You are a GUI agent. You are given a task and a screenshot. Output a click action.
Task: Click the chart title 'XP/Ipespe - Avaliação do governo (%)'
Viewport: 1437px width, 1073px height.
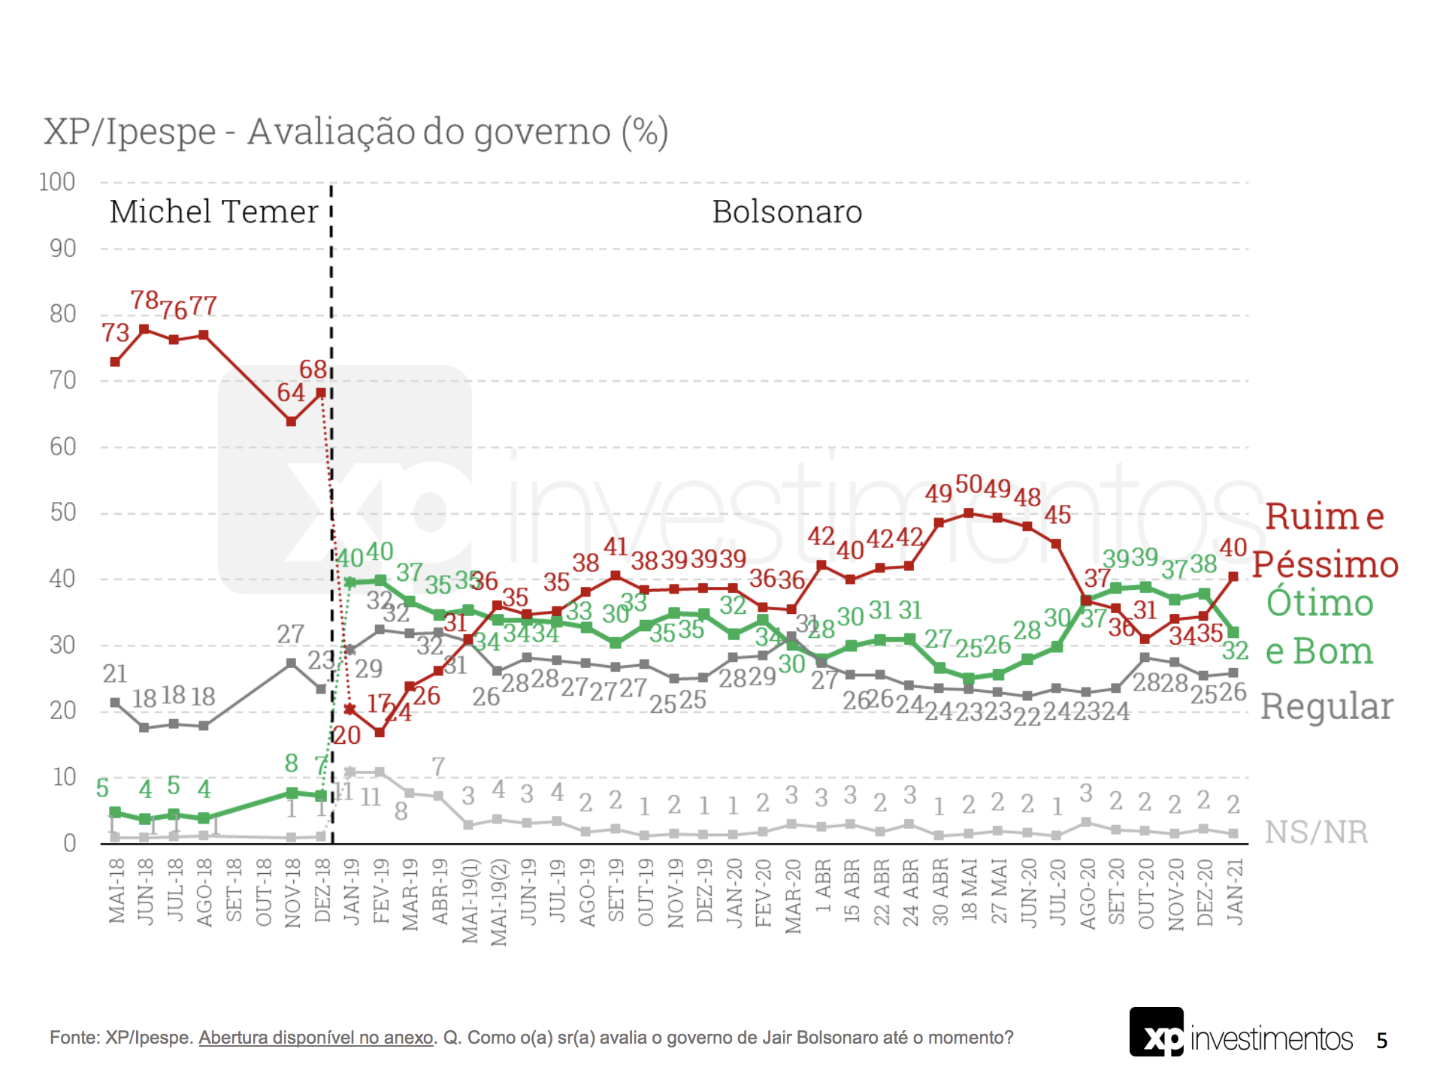355,132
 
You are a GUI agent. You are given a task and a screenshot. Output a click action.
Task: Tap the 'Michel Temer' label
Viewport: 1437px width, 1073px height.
214,212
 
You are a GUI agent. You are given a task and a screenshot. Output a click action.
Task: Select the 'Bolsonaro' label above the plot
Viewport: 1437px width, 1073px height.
786,212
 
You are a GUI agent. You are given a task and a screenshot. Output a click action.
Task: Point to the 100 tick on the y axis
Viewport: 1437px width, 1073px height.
57,182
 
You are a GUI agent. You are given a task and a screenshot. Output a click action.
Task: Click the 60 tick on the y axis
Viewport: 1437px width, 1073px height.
63,446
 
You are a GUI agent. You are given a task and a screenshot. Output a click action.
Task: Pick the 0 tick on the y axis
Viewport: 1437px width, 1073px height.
69,842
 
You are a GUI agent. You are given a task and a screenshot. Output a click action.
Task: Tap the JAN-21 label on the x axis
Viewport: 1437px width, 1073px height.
1235,892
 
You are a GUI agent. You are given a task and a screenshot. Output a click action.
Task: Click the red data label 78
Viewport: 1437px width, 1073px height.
144,301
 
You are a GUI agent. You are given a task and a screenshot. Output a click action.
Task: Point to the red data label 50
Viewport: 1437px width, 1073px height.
969,485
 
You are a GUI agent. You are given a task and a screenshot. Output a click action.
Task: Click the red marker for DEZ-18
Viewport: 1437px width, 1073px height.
321,392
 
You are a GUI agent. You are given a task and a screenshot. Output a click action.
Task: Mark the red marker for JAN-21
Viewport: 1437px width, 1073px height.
1233,576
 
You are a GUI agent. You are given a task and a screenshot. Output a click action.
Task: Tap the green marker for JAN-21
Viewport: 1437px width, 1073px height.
1233,633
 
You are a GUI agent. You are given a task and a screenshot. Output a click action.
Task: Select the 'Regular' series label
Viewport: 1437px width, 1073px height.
1327,707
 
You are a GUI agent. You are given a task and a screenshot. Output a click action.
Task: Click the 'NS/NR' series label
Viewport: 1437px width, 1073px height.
1316,832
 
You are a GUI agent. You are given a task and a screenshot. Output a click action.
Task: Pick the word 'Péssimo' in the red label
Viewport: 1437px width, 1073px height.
1325,565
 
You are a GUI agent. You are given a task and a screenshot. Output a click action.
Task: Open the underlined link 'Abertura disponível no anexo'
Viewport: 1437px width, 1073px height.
316,1038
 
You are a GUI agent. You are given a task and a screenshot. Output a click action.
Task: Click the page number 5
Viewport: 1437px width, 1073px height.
1381,1041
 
